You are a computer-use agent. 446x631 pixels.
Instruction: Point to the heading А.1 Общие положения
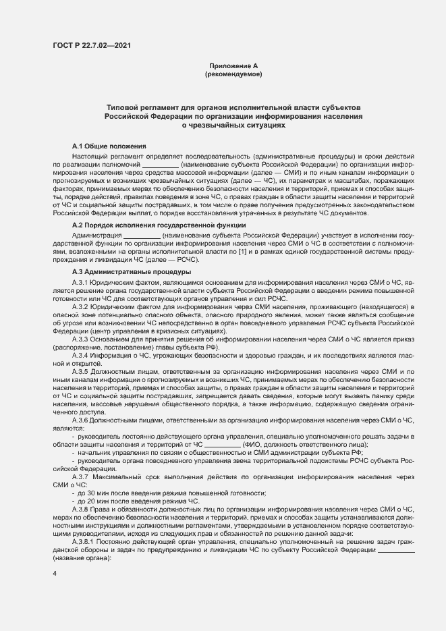(x=109, y=146)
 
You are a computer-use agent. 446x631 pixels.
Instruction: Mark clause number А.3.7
(x=81, y=477)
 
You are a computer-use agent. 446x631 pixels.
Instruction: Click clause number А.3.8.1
(x=84, y=543)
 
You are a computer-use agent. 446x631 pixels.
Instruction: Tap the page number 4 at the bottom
(x=55, y=574)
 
